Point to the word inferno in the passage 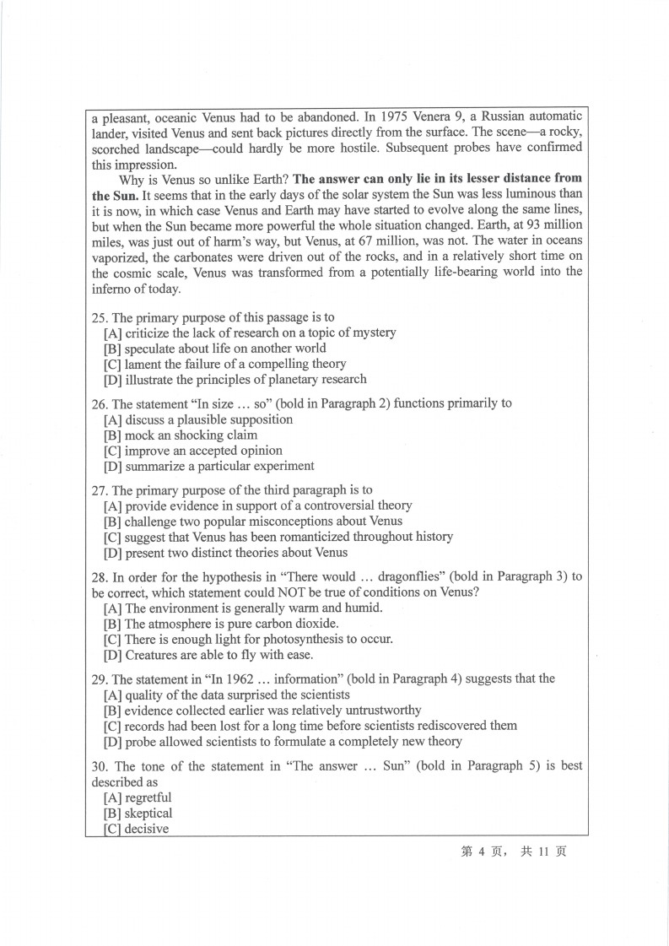click(x=113, y=288)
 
